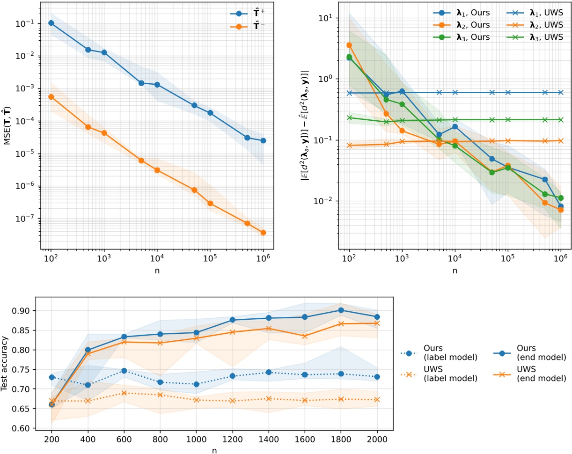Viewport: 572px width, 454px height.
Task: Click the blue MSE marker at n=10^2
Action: pyautogui.click(x=51, y=23)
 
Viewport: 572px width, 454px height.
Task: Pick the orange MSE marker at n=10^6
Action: pyautogui.click(x=263, y=233)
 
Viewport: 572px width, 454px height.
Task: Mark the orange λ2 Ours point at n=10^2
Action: pyautogui.click(x=349, y=45)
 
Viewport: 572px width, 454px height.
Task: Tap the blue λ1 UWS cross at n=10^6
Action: pyautogui.click(x=561, y=92)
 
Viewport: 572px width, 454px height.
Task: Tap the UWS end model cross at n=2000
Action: pyautogui.click(x=377, y=323)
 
